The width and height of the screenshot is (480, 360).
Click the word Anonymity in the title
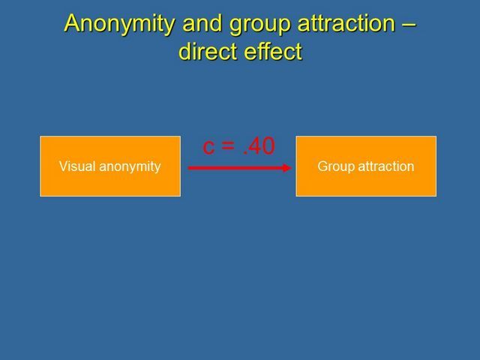(x=119, y=25)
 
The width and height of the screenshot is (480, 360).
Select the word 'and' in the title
(x=202, y=23)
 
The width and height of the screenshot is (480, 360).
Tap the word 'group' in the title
(x=260, y=25)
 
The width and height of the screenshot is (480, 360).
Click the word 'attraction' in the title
(x=346, y=23)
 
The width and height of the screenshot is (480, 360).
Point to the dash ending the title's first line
(x=409, y=25)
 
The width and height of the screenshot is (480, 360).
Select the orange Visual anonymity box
(x=110, y=166)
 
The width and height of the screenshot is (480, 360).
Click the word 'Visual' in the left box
(x=77, y=166)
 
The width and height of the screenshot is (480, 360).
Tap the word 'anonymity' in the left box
(x=130, y=167)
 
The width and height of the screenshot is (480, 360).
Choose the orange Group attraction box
(x=366, y=166)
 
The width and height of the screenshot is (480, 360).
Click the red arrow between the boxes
(x=240, y=168)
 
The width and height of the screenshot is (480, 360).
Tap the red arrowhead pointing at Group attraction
(x=286, y=168)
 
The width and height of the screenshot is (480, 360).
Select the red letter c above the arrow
(x=208, y=147)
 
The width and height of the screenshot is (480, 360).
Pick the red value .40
(x=259, y=145)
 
